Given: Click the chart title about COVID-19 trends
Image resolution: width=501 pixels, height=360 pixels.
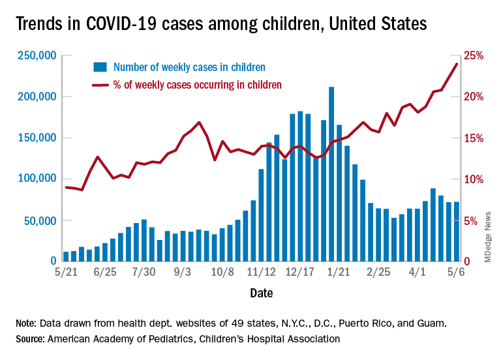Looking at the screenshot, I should (x=222, y=24).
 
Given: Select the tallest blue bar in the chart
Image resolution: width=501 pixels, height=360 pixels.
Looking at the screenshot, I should (x=331, y=173).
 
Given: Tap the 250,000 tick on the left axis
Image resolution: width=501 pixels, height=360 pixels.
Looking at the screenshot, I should (x=37, y=56).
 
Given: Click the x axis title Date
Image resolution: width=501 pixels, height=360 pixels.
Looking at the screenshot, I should (x=262, y=294).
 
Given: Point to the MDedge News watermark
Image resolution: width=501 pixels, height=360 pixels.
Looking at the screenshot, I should (x=487, y=241).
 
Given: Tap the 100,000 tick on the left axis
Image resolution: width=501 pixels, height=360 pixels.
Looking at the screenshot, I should (x=37, y=179).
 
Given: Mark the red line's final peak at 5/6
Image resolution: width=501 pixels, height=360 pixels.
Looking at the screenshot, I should (x=457, y=63).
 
